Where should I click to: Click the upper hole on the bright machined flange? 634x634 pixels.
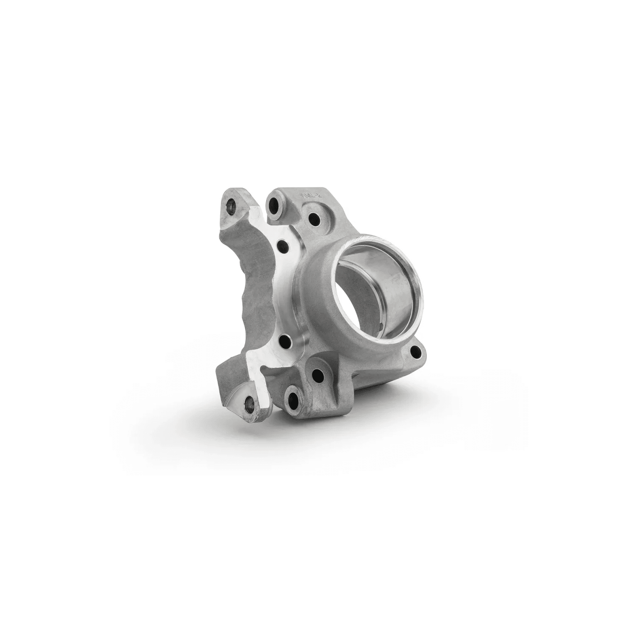pos(282,246)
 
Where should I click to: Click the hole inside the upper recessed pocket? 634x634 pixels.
pos(314,219)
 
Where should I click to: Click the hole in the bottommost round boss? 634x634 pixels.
pos(292,397)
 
